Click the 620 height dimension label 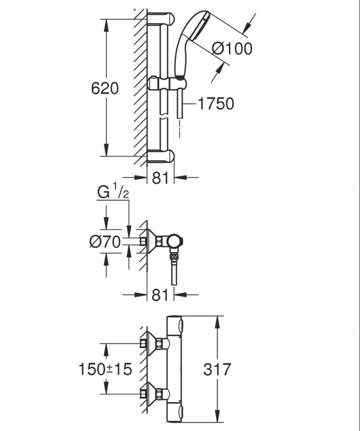105,88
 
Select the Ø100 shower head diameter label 232,49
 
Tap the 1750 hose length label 216,103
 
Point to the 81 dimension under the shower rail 160,178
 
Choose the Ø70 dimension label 105,242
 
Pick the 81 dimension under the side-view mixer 160,295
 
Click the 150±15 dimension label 105,369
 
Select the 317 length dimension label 217,369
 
